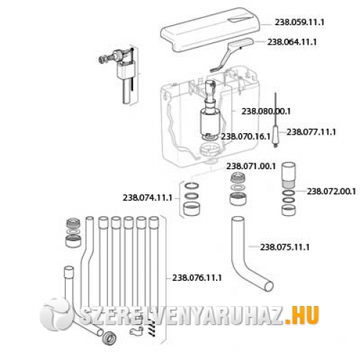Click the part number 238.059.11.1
tap(300, 22)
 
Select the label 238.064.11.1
tap(292, 42)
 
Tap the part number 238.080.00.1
tap(266, 112)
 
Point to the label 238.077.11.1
tap(311, 132)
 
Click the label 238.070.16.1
tap(246, 137)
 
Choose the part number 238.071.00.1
tap(251, 166)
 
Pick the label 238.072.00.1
tap(332, 192)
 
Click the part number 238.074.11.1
tap(148, 198)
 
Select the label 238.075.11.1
tap(285, 247)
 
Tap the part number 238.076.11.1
tap(197, 278)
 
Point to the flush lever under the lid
tap(230, 55)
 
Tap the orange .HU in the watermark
tap(302, 315)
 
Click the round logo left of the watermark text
tap(55, 314)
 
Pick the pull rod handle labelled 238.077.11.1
tap(276, 136)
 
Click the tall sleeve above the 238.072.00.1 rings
tap(288, 175)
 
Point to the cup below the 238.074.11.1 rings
tap(192, 209)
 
